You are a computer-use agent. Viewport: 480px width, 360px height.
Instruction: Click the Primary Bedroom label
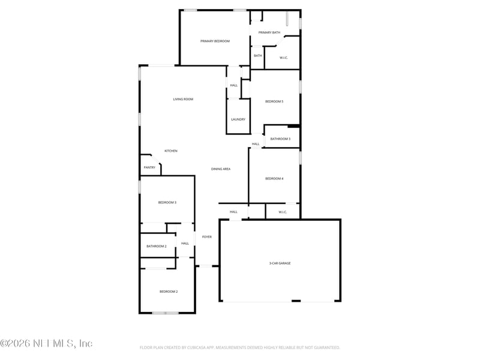pyautogui.click(x=215, y=41)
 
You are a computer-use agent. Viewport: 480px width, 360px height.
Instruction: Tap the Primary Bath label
pyautogui.click(x=269, y=32)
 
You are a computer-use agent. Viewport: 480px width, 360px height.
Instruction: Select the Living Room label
pyautogui.click(x=183, y=99)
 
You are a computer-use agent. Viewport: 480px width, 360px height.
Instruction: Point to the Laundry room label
pyautogui.click(x=238, y=119)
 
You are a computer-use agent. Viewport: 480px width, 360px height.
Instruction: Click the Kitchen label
pyautogui.click(x=171, y=151)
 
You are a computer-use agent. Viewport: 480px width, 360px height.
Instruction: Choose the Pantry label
pyautogui.click(x=149, y=167)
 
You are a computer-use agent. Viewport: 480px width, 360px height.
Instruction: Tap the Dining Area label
pyautogui.click(x=221, y=169)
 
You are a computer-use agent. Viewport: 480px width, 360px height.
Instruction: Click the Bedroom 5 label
pyautogui.click(x=274, y=101)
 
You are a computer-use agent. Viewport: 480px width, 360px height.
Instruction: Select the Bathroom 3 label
pyautogui.click(x=280, y=139)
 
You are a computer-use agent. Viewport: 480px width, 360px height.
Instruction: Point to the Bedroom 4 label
pyautogui.click(x=274, y=178)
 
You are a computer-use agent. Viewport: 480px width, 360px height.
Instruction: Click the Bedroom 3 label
pyautogui.click(x=167, y=203)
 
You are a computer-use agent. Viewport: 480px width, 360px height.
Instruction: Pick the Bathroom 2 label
pyautogui.click(x=157, y=246)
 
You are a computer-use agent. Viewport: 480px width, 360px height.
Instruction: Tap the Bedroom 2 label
pyautogui.click(x=169, y=292)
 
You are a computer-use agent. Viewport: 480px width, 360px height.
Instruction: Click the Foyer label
pyautogui.click(x=206, y=237)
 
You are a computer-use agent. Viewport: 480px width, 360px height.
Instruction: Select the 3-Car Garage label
pyautogui.click(x=280, y=263)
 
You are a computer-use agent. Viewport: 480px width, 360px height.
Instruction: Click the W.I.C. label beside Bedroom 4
pyautogui.click(x=283, y=212)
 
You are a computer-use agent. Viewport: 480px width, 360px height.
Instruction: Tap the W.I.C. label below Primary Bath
pyautogui.click(x=284, y=58)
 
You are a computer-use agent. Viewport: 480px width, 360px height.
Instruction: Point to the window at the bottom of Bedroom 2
pyautogui.click(x=165, y=313)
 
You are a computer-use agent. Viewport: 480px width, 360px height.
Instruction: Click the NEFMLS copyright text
pyautogui.click(x=46, y=344)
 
